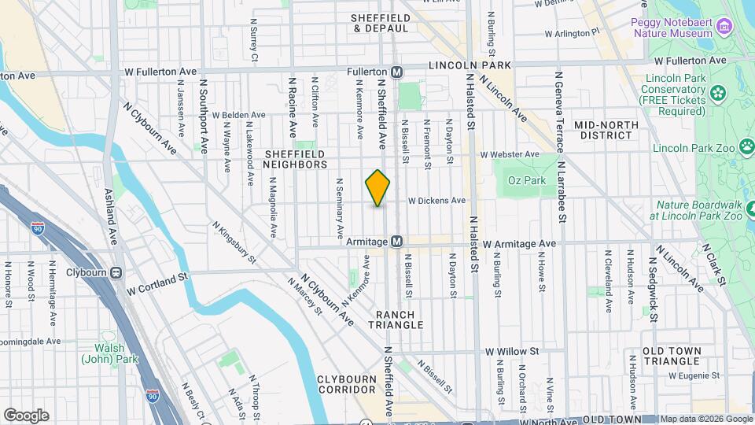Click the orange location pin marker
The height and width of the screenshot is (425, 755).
click(x=378, y=188)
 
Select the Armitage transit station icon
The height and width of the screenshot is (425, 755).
click(x=397, y=242)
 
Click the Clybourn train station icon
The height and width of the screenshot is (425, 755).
click(x=116, y=273)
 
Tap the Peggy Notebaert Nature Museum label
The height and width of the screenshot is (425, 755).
click(x=672, y=28)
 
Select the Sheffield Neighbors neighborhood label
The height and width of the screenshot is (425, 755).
click(x=296, y=159)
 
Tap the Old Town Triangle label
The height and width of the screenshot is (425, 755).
click(x=671, y=356)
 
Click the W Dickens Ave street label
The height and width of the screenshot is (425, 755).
click(x=436, y=201)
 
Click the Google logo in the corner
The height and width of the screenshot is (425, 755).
click(x=26, y=416)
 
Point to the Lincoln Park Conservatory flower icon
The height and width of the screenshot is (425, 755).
click(x=717, y=94)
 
